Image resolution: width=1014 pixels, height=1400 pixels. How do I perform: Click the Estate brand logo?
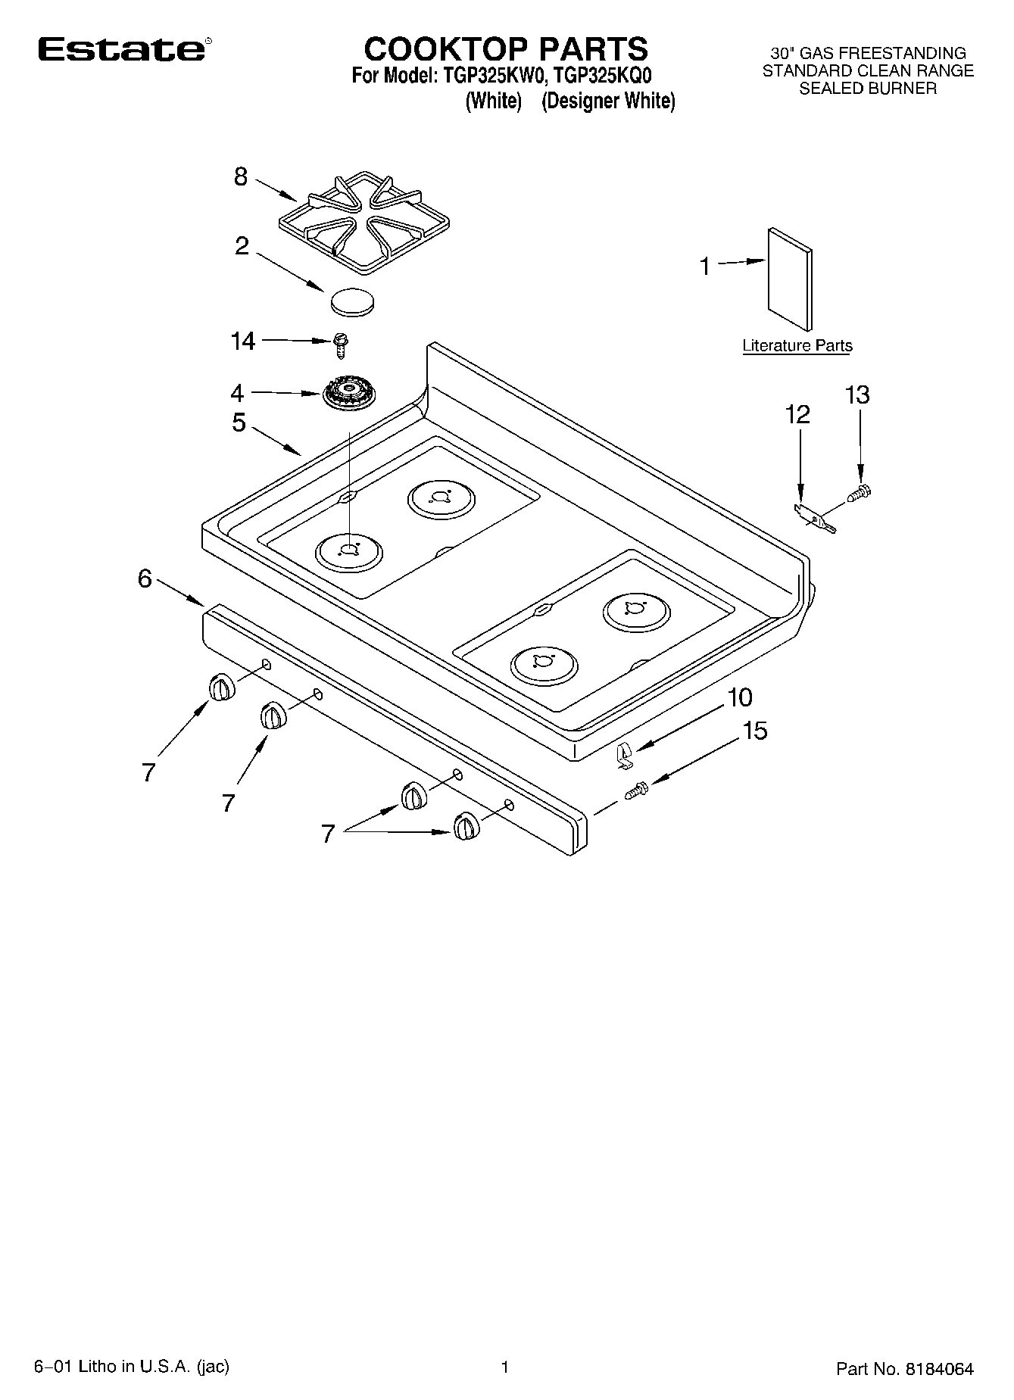pyautogui.click(x=121, y=50)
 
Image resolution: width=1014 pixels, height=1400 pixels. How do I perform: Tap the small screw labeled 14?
pyautogui.click(x=340, y=346)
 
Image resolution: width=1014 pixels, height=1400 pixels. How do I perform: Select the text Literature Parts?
pyautogui.click(x=797, y=345)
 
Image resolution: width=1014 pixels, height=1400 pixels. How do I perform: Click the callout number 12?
pyautogui.click(x=797, y=414)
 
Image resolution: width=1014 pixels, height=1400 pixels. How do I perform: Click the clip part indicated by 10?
pyautogui.click(x=623, y=755)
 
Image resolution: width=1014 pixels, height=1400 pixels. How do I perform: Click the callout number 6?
pyautogui.click(x=145, y=578)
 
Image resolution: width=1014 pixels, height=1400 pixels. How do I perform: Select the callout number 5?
pyautogui.click(x=239, y=422)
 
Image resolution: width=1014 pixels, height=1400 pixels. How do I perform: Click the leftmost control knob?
pyautogui.click(x=219, y=688)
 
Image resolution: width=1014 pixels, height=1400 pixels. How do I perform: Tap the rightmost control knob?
pyautogui.click(x=465, y=826)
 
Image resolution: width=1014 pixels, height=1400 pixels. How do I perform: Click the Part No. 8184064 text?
pyautogui.click(x=904, y=1369)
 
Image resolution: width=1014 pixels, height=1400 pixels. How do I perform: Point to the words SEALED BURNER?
pyautogui.click(x=868, y=89)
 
